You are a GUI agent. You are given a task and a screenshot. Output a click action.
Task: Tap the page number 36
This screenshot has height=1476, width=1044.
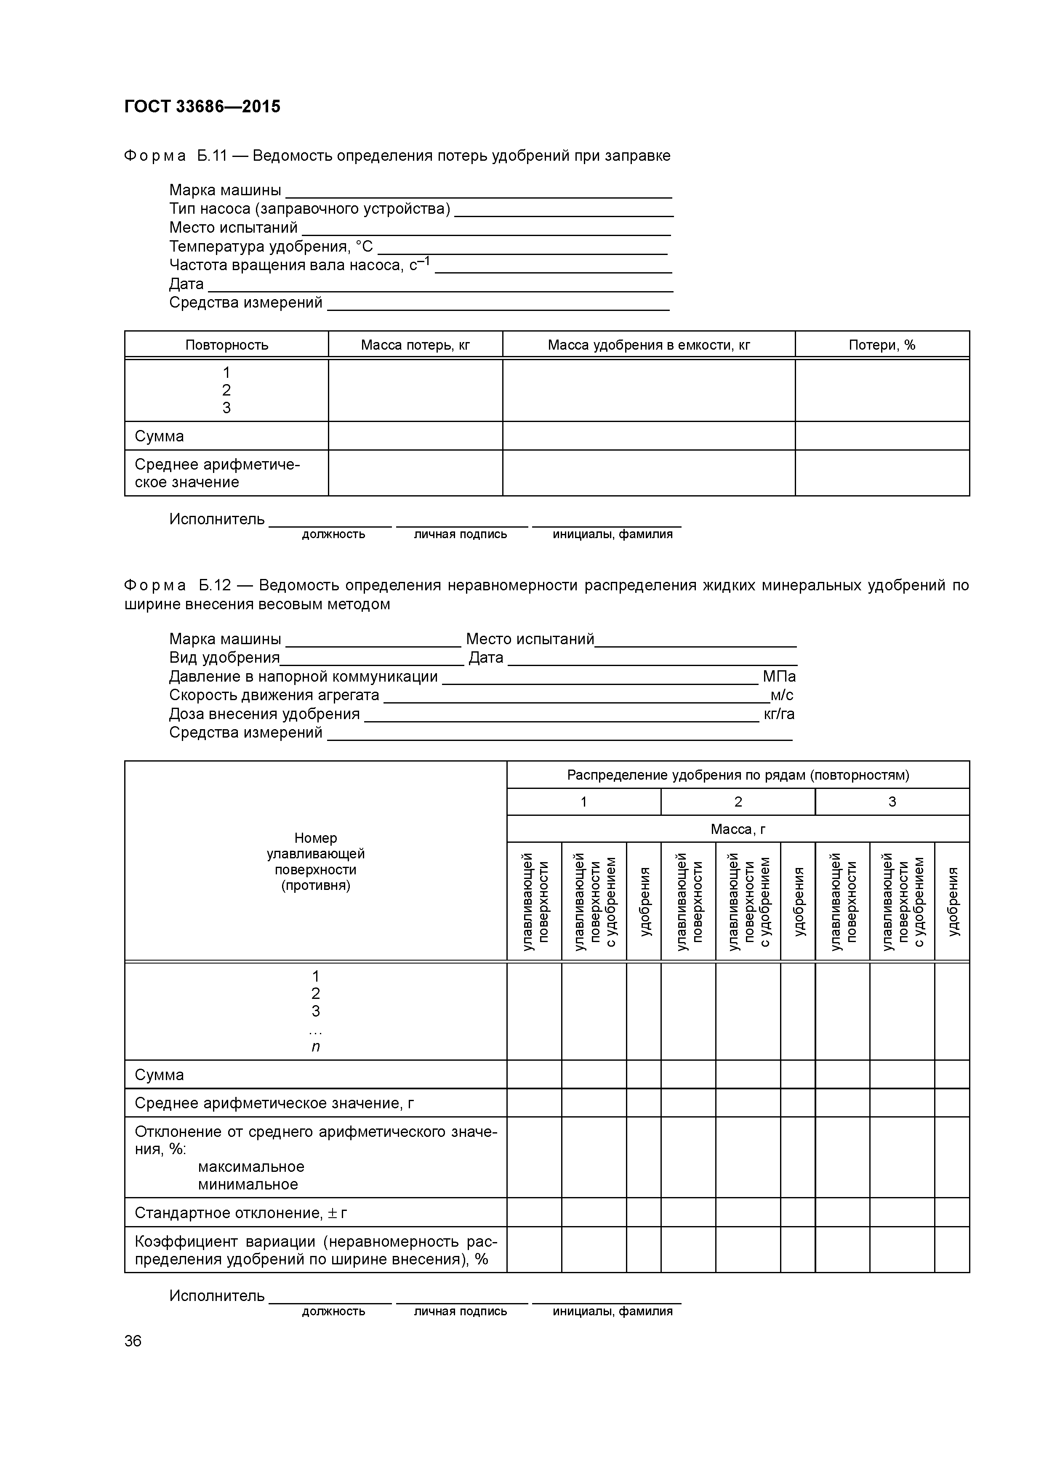133,1341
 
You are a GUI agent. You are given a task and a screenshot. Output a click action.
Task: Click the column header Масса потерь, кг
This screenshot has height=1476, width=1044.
415,345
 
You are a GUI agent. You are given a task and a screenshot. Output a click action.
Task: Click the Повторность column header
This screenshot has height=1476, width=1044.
226,345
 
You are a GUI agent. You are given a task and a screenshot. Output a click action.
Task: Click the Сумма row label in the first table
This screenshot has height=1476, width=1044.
160,436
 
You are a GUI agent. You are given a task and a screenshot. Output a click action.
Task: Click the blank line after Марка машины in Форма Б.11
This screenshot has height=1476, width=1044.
479,191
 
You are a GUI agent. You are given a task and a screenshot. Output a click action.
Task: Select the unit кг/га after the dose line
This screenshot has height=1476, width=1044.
778,714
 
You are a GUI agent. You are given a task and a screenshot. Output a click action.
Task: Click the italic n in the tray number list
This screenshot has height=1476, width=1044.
315,1046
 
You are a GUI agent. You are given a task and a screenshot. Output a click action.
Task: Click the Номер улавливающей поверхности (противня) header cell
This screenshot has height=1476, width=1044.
315,861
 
